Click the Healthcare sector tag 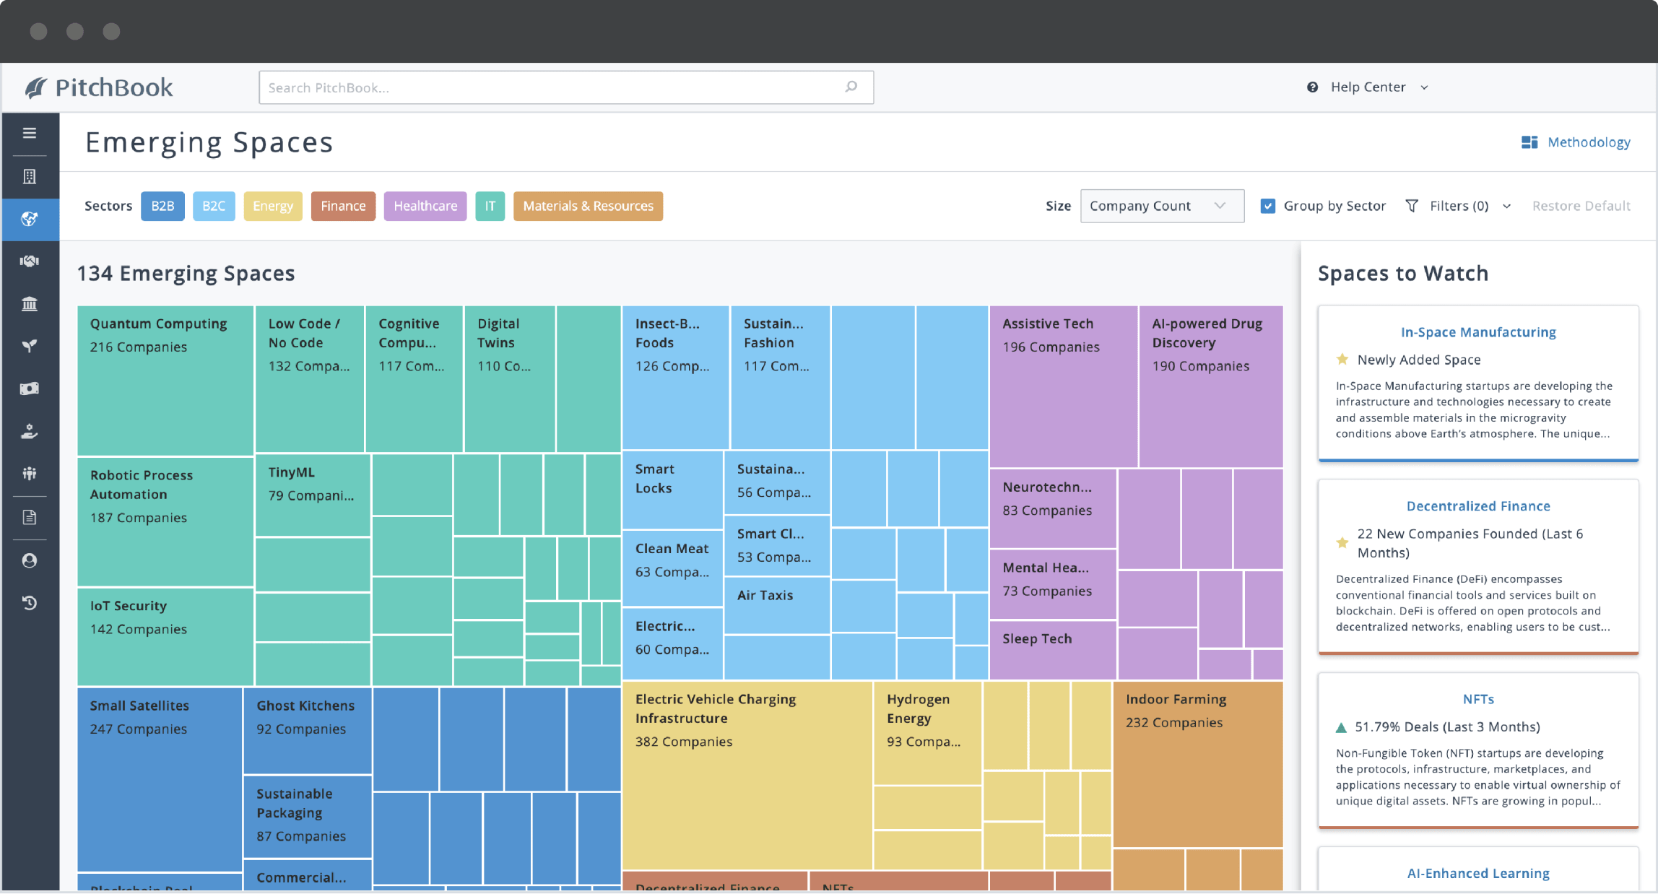click(425, 206)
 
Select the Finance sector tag click(343, 206)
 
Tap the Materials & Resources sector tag click(588, 206)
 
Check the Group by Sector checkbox click(1267, 206)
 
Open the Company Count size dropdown click(1161, 206)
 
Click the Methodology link click(1588, 142)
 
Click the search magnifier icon click(851, 87)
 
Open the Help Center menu click(1368, 87)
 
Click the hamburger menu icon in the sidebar click(30, 133)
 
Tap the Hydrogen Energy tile click(926, 732)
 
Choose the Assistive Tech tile click(1062, 386)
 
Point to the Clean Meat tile click(672, 568)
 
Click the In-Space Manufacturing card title click(1477, 332)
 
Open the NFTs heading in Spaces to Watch click(1477, 699)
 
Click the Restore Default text click(1581, 206)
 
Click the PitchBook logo click(99, 87)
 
